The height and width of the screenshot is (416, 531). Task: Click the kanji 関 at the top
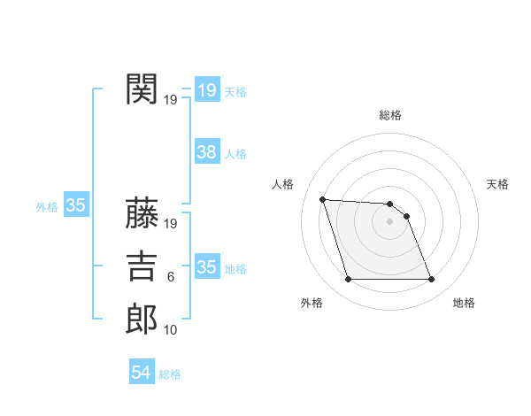click(x=142, y=89)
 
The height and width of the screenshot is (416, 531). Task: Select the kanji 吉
click(x=142, y=266)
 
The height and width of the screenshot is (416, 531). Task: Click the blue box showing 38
click(x=206, y=152)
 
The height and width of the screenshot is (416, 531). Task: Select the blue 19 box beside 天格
click(x=206, y=89)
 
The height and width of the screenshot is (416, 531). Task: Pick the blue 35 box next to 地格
click(x=206, y=267)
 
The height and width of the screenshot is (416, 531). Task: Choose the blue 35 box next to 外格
click(x=75, y=206)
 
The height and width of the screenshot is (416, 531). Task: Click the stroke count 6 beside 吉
click(x=171, y=277)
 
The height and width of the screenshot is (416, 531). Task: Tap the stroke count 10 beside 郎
click(x=171, y=330)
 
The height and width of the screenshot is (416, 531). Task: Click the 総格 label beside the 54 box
click(x=170, y=374)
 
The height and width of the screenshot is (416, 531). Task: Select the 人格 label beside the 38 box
click(x=235, y=154)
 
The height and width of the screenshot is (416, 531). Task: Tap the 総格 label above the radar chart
click(x=390, y=115)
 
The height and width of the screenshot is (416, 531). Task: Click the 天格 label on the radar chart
click(x=498, y=184)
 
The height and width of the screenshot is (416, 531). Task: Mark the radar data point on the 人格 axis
click(x=322, y=199)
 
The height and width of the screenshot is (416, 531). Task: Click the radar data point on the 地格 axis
click(x=431, y=280)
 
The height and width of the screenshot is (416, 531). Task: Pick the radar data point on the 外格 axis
click(x=348, y=280)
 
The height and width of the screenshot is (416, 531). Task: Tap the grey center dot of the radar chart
click(x=389, y=221)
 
